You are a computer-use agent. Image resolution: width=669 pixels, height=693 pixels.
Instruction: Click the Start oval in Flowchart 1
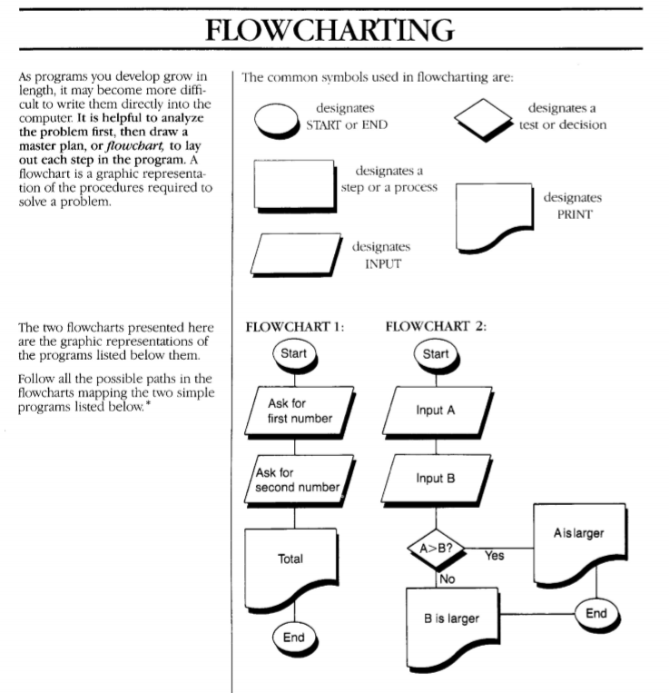point(294,352)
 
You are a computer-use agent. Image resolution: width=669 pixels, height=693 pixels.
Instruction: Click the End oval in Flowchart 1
point(294,638)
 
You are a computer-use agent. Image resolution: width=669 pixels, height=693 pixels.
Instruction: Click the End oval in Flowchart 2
point(595,613)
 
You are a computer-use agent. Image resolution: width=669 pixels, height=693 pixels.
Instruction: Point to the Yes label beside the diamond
point(496,554)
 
